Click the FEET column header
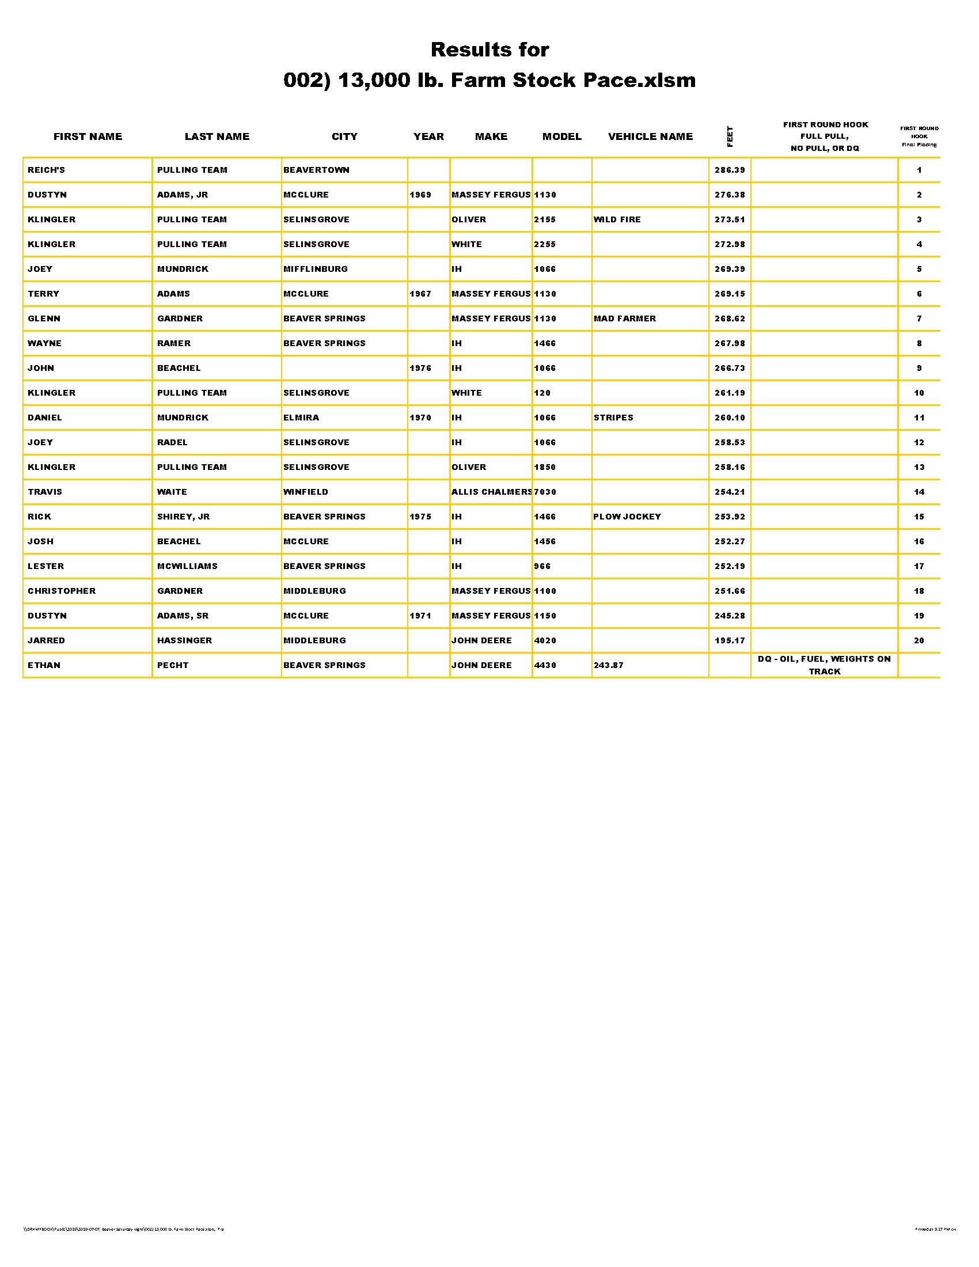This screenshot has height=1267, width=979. pos(730,136)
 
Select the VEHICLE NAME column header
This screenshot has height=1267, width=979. pos(650,136)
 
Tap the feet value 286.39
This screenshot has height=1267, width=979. pos(730,170)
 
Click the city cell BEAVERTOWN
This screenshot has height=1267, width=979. pos(316,170)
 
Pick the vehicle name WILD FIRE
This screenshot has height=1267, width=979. pos(617,219)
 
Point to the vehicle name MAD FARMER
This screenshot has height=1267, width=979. pos(625,318)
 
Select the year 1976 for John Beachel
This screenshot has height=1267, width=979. pos(420,368)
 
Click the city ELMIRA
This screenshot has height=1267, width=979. pos(301,418)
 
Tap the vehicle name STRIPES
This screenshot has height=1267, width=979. pos(613,418)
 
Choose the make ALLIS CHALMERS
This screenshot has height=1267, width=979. pos(491,492)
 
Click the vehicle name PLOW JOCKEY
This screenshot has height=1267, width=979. pos(627,517)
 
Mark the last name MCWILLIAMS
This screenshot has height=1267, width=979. pos(187,566)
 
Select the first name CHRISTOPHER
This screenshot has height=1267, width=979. pos(62,590)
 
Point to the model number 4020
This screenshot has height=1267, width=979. pos(545,640)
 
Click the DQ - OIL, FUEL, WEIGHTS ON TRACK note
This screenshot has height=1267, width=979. pos(824,665)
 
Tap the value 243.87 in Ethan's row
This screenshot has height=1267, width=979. pos(608,665)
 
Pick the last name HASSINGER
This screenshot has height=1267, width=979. pos(184,640)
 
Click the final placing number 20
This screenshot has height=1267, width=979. pos(919,640)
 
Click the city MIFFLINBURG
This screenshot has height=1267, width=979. pos(316,269)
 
